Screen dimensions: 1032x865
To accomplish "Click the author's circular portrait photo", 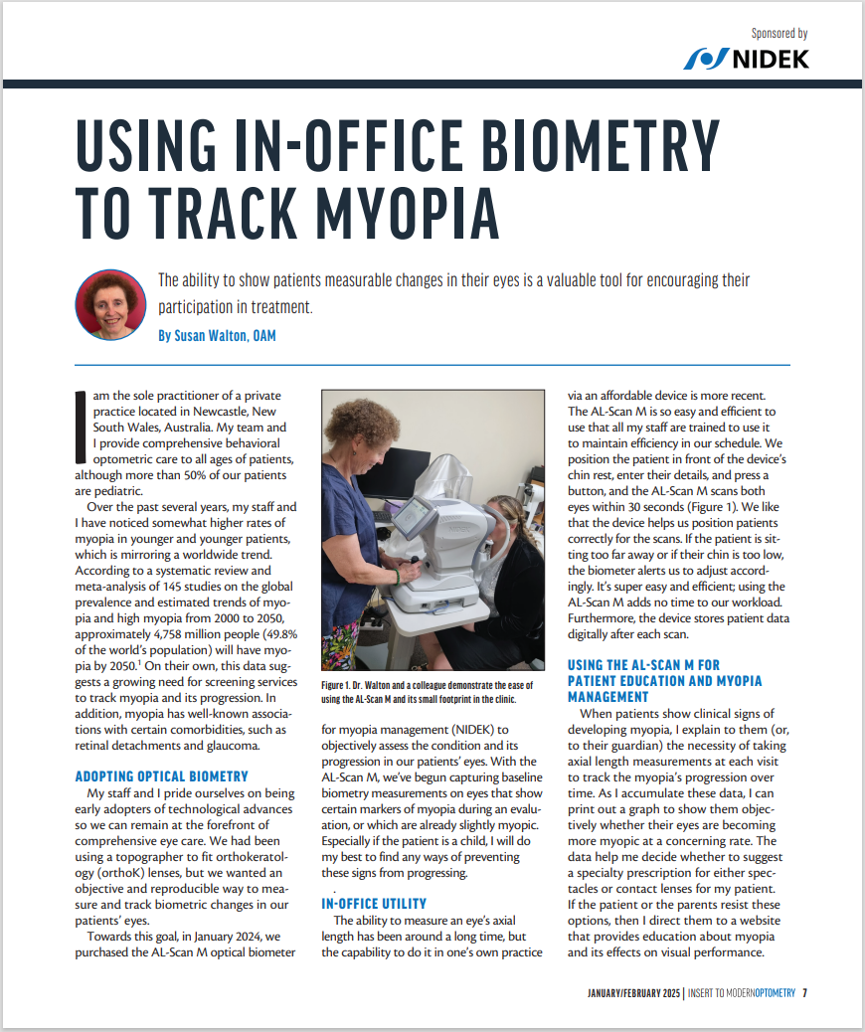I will (110, 305).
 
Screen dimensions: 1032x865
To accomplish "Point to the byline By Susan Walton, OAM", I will (217, 336).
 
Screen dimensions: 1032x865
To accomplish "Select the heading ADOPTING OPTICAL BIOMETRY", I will (162, 775).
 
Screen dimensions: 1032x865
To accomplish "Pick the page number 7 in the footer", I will (804, 993).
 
